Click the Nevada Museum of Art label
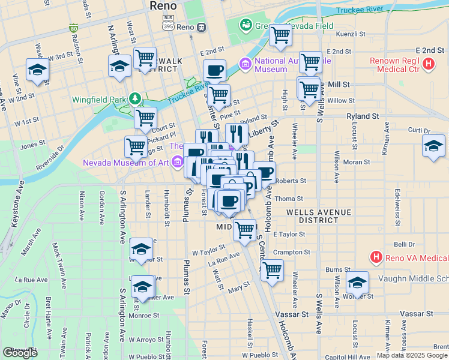point(127,162)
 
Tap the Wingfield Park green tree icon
point(136,98)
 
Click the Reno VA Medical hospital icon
point(376,257)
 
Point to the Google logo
point(20,353)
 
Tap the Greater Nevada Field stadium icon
point(245,25)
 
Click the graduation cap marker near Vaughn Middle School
point(357,283)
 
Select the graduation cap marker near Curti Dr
point(433,146)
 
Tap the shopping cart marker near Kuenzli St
point(280,36)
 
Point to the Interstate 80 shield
point(73,28)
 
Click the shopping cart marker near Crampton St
point(271,270)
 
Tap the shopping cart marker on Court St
point(145,118)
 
